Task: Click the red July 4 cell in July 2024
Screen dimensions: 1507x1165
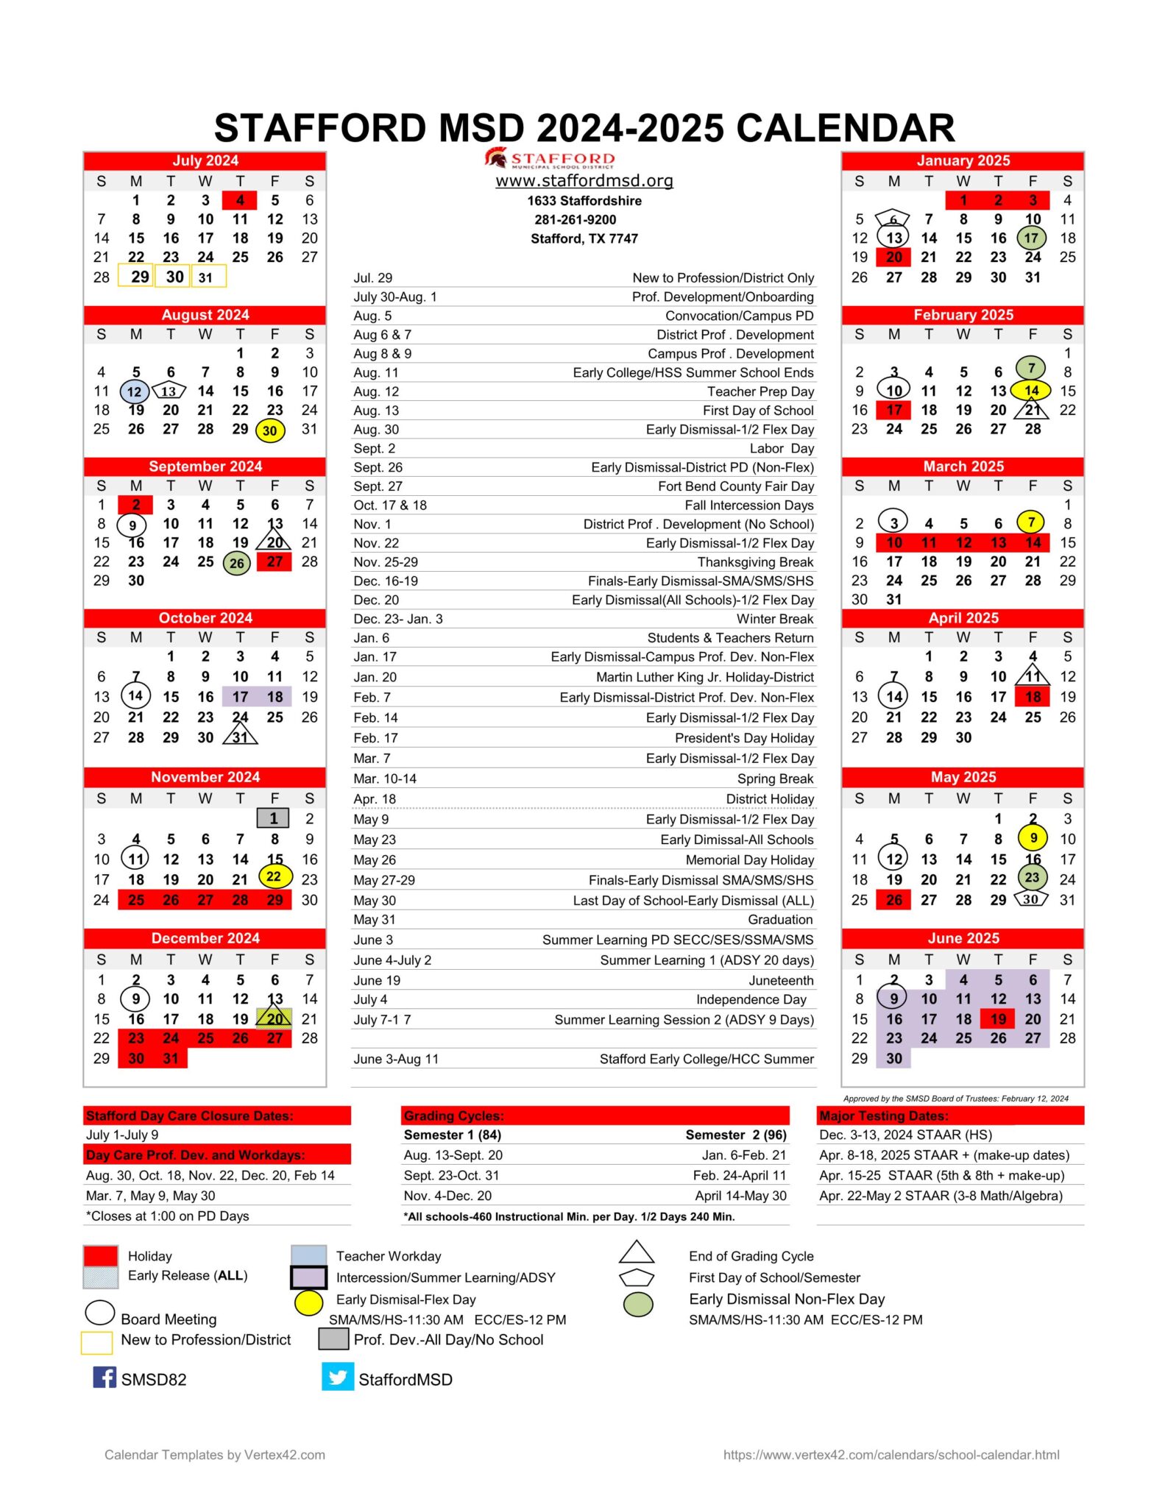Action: (240, 200)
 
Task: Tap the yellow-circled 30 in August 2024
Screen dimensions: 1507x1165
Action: (270, 430)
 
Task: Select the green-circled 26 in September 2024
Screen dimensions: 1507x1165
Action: (236, 564)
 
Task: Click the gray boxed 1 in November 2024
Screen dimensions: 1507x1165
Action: (274, 818)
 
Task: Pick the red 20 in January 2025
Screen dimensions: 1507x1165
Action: (893, 257)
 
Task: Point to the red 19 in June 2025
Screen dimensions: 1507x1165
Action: (998, 1019)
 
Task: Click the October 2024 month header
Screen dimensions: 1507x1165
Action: (205, 618)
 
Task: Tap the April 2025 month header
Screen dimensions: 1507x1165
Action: (963, 618)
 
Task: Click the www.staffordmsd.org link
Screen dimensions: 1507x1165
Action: (584, 181)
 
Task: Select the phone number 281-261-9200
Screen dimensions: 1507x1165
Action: (576, 219)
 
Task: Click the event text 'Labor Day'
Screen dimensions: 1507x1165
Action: (782, 449)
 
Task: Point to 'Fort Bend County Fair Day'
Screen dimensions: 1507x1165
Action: (736, 486)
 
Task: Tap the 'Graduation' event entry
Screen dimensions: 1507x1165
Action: (780, 920)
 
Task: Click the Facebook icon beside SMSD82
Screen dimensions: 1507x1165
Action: (105, 1377)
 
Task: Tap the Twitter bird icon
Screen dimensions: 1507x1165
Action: (338, 1377)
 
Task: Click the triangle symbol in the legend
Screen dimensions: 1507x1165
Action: (637, 1253)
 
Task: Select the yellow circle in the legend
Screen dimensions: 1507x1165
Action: (308, 1302)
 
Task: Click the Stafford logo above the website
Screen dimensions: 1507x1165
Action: (550, 158)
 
